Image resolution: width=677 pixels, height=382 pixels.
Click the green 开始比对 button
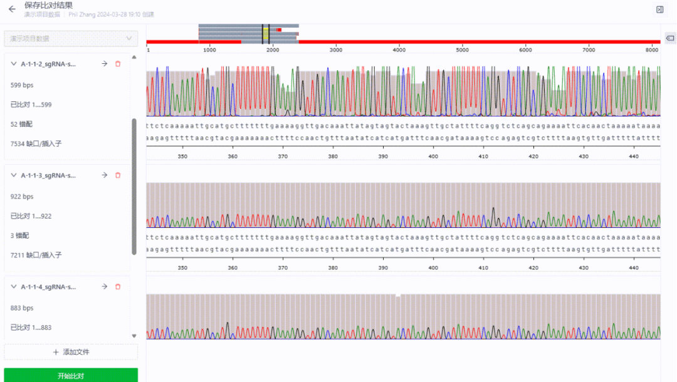[71, 376]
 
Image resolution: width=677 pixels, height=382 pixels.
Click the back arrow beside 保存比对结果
[12, 9]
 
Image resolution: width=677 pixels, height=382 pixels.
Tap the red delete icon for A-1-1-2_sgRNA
[118, 64]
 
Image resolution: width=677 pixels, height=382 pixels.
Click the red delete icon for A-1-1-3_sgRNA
[118, 175]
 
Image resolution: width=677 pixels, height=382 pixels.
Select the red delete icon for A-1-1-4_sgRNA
[118, 287]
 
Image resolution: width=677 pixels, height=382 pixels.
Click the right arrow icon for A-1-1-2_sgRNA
[104, 64]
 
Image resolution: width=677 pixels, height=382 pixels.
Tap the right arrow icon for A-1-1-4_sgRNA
[104, 287]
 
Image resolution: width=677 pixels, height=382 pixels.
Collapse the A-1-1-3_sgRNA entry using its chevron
[14, 175]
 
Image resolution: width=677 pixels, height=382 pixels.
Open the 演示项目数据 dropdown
[71, 39]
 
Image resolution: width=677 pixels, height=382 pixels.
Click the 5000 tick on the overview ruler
[462, 49]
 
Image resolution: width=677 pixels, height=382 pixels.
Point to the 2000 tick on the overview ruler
[272, 49]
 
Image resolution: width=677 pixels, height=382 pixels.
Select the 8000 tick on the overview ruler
[652, 49]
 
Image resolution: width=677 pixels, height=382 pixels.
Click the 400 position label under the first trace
[433, 157]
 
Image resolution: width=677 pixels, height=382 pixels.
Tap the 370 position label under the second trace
[283, 267]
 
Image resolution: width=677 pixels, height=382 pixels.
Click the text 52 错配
[21, 124]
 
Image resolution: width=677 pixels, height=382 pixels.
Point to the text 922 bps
[22, 197]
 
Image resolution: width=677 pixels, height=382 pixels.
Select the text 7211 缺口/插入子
[36, 255]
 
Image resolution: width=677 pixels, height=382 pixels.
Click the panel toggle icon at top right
[659, 9]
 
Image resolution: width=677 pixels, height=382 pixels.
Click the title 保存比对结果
[48, 5]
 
